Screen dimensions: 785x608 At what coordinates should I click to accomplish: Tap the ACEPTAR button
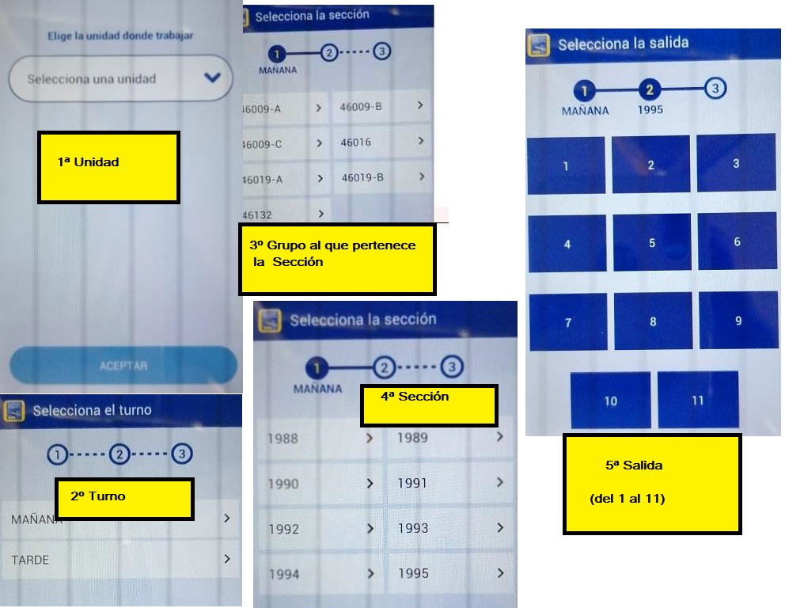click(123, 365)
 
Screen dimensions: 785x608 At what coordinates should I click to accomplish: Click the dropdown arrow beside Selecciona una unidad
click(212, 78)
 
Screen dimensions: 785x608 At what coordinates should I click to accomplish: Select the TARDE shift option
click(120, 560)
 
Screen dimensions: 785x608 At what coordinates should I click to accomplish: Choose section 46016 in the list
click(382, 142)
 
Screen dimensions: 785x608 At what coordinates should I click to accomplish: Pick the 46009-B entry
click(381, 106)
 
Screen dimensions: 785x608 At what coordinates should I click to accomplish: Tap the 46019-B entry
click(382, 177)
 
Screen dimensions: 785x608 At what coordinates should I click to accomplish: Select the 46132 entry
click(286, 215)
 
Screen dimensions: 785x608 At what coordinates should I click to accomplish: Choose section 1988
click(320, 439)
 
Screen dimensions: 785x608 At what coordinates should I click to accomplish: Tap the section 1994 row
click(321, 573)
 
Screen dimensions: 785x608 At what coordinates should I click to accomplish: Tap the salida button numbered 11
click(698, 400)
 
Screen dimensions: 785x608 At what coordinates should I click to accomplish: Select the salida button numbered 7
click(568, 322)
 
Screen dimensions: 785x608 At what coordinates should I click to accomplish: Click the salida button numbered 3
click(736, 163)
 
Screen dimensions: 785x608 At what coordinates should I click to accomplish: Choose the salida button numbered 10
click(610, 401)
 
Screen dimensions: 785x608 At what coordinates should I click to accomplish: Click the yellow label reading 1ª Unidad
click(108, 167)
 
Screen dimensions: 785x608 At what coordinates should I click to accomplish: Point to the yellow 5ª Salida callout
click(652, 484)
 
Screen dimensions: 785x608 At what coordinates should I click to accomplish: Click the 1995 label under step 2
click(650, 110)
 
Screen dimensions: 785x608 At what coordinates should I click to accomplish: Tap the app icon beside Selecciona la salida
click(538, 44)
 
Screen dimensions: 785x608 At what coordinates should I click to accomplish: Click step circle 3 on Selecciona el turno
click(182, 454)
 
